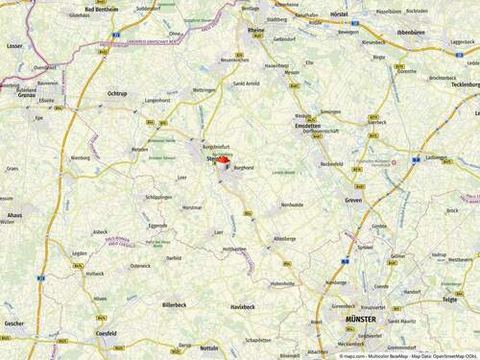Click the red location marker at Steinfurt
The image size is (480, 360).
click(222, 161)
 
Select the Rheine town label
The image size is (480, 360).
click(256, 30)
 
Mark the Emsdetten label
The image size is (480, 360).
click(308, 126)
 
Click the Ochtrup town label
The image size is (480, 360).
click(118, 93)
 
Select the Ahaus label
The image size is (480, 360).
click(14, 216)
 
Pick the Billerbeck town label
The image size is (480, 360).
click(174, 303)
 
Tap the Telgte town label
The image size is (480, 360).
click(449, 300)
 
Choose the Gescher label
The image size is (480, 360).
click(13, 324)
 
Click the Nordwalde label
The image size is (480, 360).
click(292, 204)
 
